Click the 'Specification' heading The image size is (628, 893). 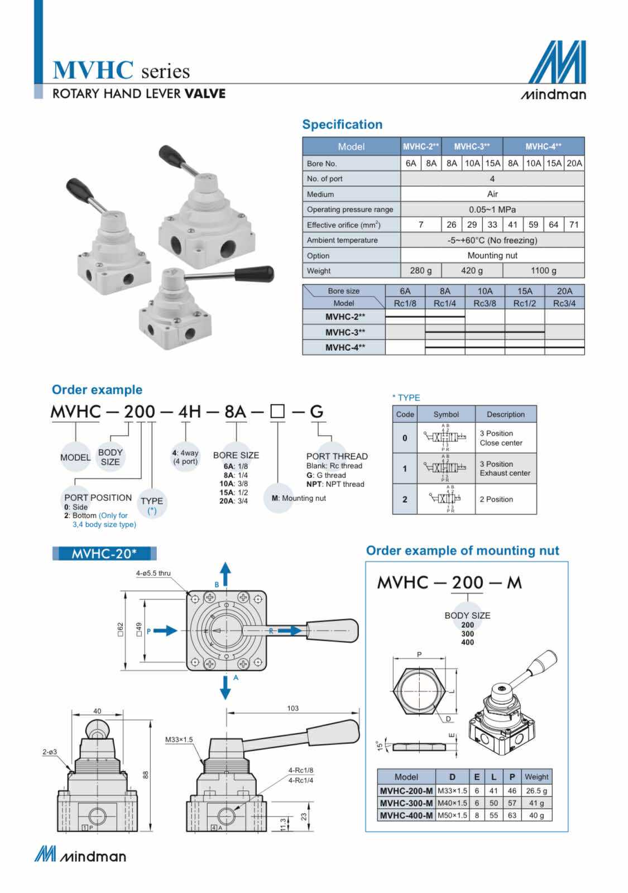(x=342, y=125)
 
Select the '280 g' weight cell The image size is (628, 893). (x=421, y=271)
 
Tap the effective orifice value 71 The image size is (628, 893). (x=574, y=225)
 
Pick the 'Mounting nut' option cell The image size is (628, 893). (x=492, y=255)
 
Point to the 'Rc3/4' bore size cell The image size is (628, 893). (x=564, y=303)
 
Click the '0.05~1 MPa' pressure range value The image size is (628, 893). (x=492, y=209)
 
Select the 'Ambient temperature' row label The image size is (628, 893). (x=342, y=240)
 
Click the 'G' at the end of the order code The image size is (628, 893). (x=317, y=412)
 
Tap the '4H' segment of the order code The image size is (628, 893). (x=189, y=412)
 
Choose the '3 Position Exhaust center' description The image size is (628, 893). (x=505, y=469)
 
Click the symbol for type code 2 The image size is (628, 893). (x=446, y=499)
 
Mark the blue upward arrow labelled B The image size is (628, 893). (x=225, y=574)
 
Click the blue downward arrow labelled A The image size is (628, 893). (x=225, y=688)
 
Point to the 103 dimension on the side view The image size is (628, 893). (x=293, y=708)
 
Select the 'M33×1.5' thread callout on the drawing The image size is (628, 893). (x=179, y=739)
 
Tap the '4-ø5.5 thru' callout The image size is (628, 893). (x=153, y=573)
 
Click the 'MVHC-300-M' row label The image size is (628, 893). (x=406, y=803)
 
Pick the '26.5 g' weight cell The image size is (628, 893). (x=536, y=791)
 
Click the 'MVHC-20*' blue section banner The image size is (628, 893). (x=104, y=553)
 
